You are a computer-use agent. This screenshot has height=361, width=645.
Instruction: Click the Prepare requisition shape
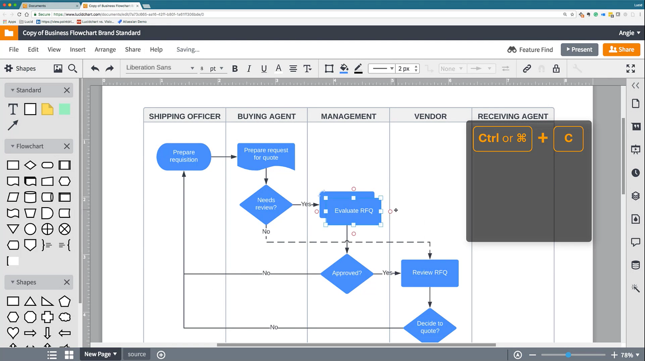click(x=184, y=156)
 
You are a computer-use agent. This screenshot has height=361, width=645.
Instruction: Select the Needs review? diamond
click(x=266, y=204)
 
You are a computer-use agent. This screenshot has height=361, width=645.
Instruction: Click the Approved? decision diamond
click(x=346, y=273)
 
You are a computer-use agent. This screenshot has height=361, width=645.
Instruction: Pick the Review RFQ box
click(x=429, y=273)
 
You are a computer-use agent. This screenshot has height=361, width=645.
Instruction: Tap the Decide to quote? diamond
click(x=429, y=327)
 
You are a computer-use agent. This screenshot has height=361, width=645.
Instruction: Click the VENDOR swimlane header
click(x=430, y=116)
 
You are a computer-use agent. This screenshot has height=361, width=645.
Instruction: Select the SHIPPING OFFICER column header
click(x=184, y=116)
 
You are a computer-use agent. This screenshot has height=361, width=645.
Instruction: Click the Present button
click(x=579, y=50)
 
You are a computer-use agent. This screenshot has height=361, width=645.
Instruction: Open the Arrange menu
click(x=105, y=50)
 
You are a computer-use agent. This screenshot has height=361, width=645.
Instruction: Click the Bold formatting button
click(x=235, y=69)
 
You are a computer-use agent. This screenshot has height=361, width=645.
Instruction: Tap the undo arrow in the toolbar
click(x=95, y=69)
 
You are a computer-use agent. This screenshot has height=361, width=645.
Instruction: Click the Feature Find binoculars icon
click(x=512, y=50)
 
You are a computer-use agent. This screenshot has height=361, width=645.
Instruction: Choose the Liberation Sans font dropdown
click(x=160, y=68)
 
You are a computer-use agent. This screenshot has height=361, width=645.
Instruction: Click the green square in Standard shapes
click(x=64, y=109)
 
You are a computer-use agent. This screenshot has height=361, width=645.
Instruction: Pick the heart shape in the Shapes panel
click(x=13, y=332)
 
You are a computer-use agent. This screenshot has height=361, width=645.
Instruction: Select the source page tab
click(x=137, y=354)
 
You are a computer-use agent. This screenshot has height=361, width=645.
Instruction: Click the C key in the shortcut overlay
click(x=568, y=139)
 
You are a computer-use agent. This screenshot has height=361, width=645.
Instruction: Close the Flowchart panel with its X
click(x=67, y=146)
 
